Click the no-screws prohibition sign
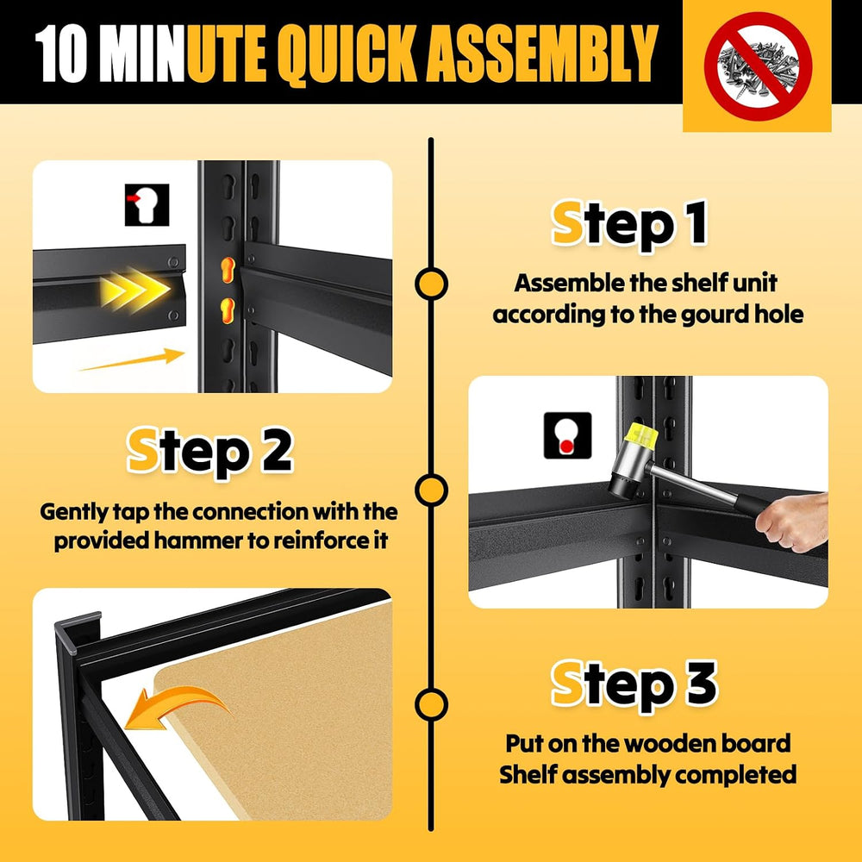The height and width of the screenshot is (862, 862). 758,66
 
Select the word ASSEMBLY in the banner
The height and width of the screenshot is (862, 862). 542,53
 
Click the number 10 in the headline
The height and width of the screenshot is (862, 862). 61,53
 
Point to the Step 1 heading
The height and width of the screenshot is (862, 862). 629,224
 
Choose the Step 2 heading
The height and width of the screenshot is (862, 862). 210,452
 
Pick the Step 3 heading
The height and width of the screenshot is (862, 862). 634,685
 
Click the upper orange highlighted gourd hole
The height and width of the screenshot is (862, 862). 228,270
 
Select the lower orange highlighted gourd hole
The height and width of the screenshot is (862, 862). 228,311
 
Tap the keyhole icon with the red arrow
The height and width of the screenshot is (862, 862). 147,204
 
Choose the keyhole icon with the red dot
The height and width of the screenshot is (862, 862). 567,435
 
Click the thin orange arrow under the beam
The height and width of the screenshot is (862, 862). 132,359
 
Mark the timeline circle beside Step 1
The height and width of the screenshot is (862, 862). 432,284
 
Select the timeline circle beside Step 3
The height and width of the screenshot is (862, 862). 432,704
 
